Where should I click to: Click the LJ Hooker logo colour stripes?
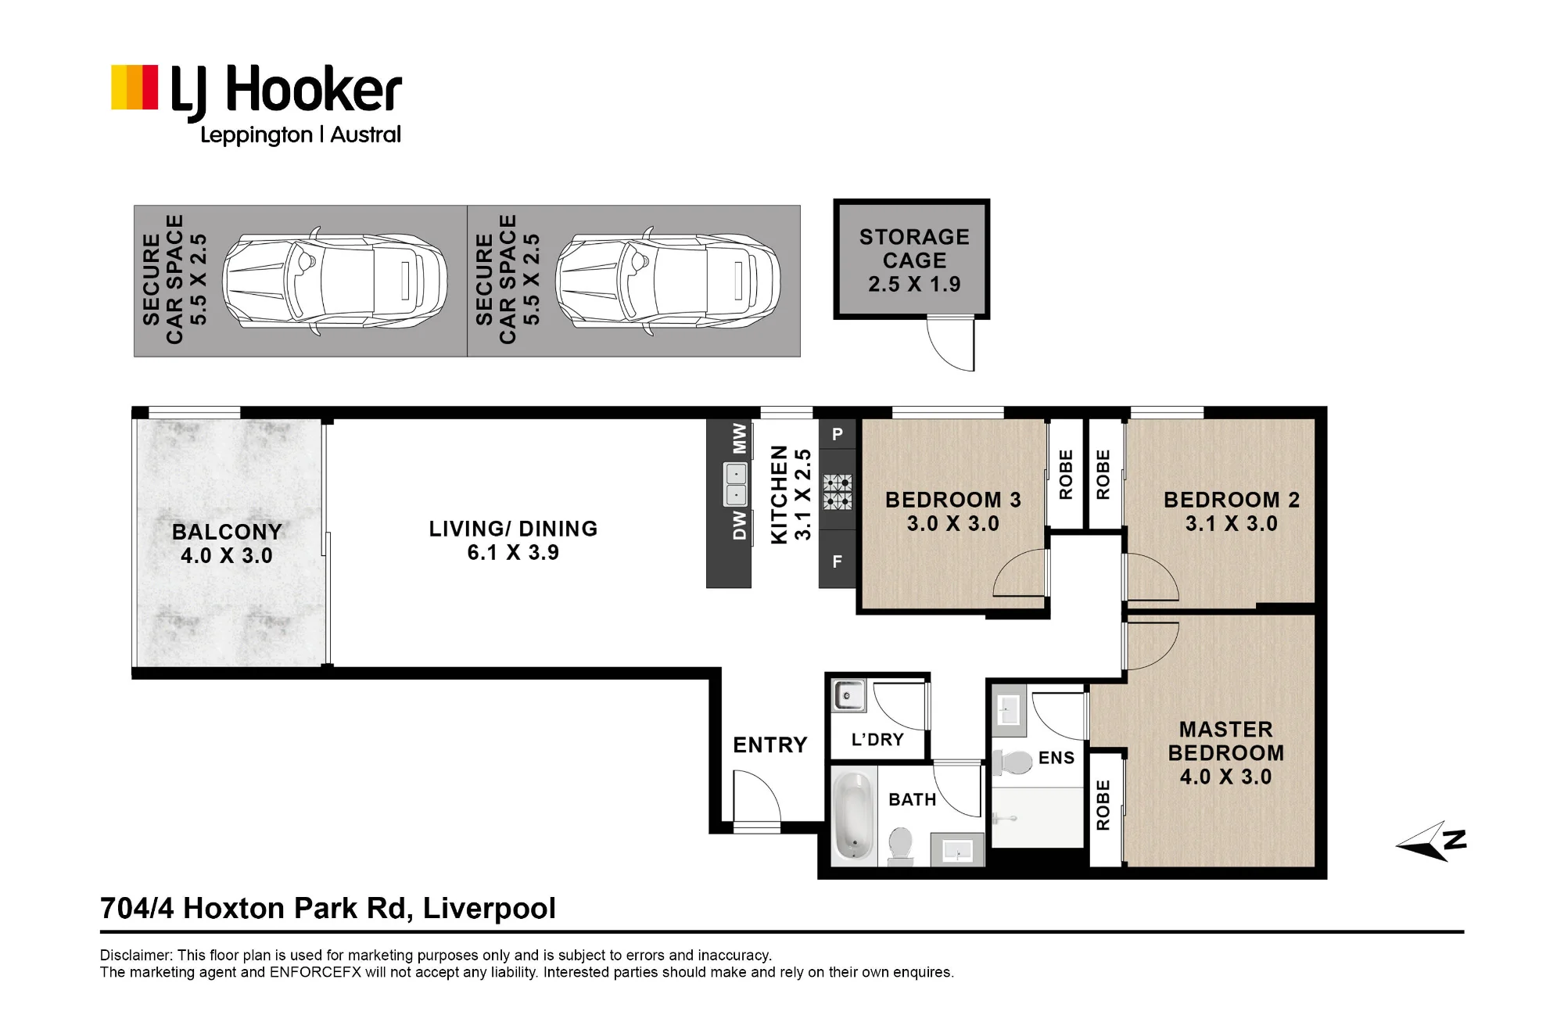pos(135,87)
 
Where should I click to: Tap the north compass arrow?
pos(1430,841)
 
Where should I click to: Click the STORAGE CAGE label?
pos(914,248)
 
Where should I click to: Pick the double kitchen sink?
pos(736,484)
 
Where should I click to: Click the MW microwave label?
pos(739,440)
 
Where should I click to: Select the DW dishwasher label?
pos(739,526)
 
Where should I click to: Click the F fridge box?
pos(837,561)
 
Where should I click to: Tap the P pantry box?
pos(838,434)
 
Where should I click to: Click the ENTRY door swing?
pos(757,796)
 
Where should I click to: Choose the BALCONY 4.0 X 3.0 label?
pos(227,544)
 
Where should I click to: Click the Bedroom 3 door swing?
pos(1019,573)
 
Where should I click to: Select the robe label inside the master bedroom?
pos(1103,805)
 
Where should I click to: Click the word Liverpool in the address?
pos(489,909)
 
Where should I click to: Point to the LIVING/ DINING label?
pos(513,540)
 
